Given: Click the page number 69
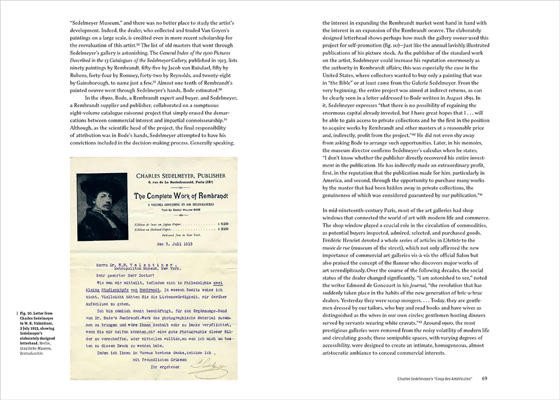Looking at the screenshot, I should [484, 379].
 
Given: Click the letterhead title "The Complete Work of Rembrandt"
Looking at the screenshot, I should [179, 196].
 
